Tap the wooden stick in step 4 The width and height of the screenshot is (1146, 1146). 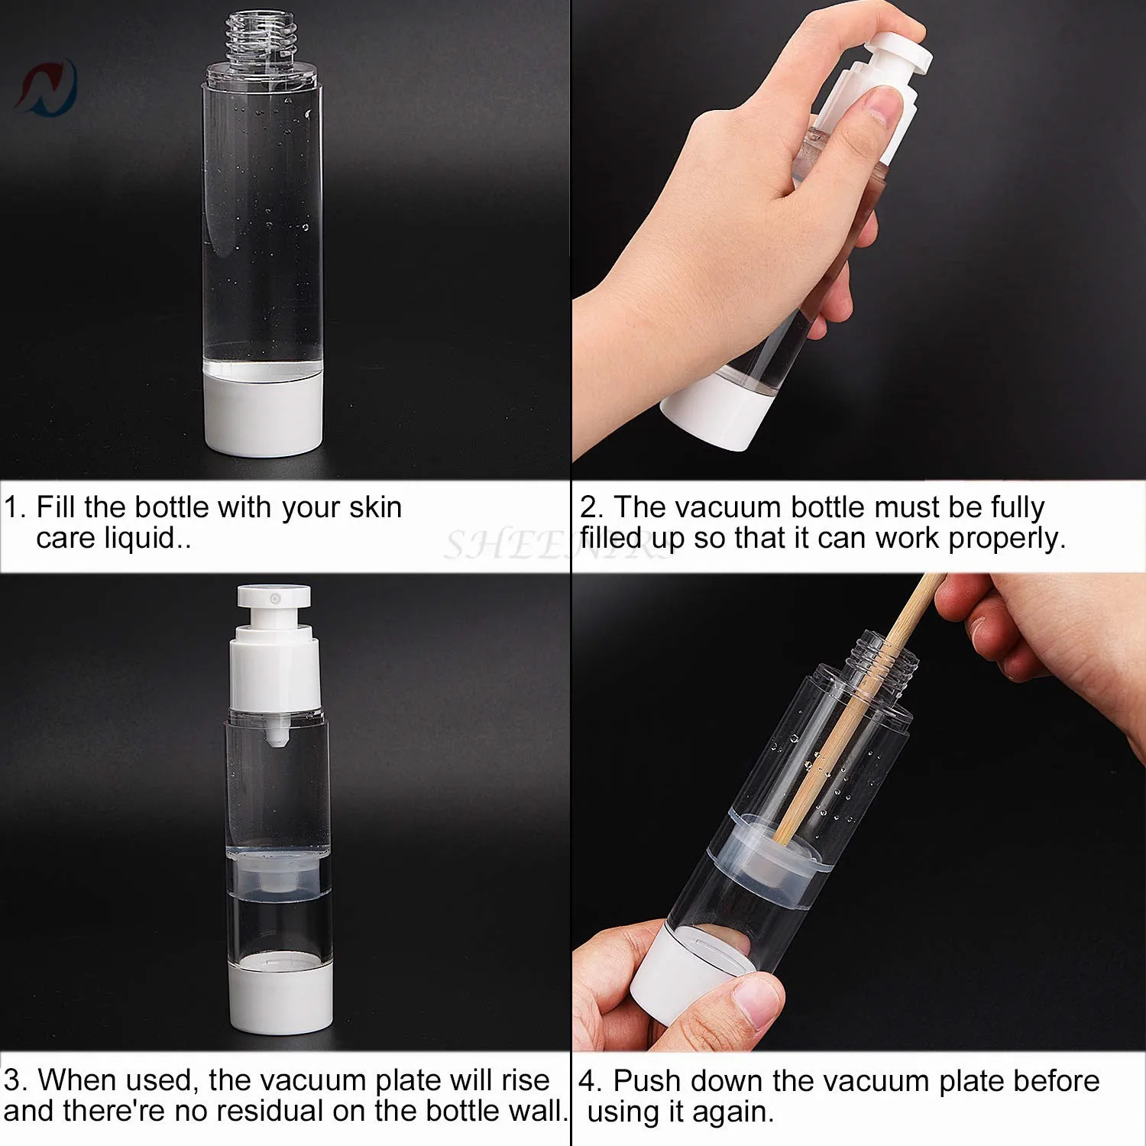tap(860, 707)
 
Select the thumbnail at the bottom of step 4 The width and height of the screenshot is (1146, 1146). tap(756, 1001)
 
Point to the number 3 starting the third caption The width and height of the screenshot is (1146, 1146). tap(11, 1080)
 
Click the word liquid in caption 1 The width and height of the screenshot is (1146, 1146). tap(140, 539)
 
